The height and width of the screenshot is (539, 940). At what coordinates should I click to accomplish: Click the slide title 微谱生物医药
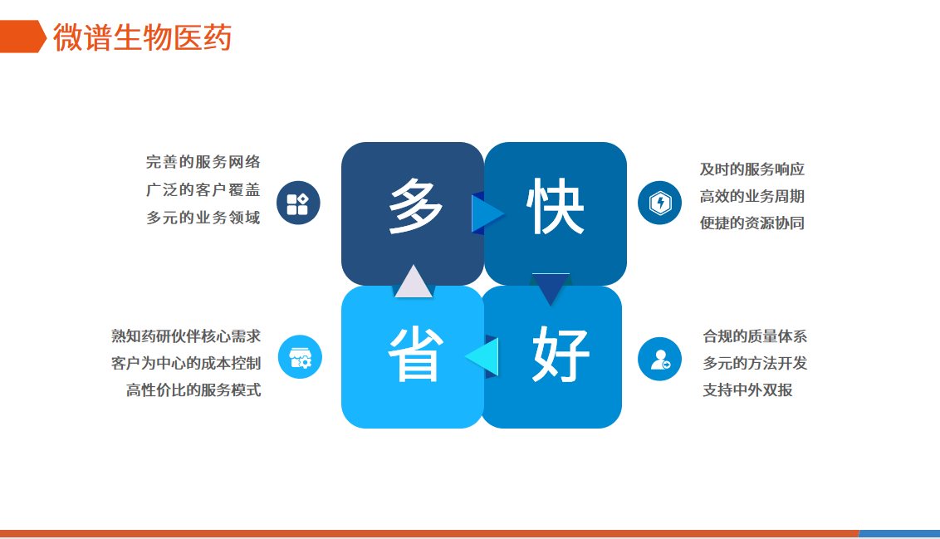pos(142,37)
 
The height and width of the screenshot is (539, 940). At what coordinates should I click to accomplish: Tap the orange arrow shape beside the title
pos(22,37)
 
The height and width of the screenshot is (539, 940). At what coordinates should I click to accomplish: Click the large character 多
pos(415,207)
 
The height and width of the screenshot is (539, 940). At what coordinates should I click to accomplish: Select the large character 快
pos(556,207)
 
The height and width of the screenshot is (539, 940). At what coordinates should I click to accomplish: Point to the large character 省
pos(415,355)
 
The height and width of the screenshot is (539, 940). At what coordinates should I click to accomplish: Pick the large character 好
pos(561,355)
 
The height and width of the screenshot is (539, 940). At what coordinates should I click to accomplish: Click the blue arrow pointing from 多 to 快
pos(487,213)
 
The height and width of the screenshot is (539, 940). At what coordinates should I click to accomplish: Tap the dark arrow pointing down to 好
pos(551,289)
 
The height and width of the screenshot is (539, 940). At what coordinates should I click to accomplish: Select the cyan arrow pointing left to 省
pos(482,357)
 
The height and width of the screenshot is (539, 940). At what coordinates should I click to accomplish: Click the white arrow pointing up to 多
pos(413,282)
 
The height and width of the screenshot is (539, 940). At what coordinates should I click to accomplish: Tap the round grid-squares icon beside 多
pos(298,203)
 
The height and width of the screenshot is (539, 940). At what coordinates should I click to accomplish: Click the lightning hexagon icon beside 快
pos(659,203)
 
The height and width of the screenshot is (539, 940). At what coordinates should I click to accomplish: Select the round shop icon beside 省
pos(300,357)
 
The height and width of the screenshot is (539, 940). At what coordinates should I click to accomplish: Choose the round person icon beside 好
pos(659,359)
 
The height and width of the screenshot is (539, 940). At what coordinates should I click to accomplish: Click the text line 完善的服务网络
pos(203,162)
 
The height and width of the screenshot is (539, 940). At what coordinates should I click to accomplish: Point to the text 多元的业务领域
pos(203,217)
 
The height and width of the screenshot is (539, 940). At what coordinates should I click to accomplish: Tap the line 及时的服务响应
pos(752,169)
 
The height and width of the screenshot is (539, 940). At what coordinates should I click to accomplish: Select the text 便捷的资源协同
pos(752,223)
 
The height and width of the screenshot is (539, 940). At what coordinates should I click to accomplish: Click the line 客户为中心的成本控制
pos(186,363)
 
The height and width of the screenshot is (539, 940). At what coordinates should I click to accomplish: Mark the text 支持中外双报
pos(747,390)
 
